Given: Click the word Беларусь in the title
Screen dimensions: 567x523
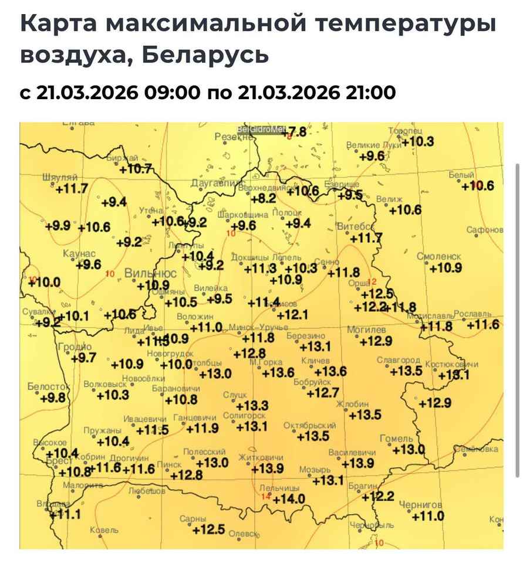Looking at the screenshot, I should click(205, 55).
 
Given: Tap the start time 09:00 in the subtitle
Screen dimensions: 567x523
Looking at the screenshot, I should click(171, 93).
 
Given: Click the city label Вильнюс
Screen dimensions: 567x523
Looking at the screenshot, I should click(150, 274).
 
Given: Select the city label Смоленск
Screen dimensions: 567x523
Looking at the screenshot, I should click(439, 257).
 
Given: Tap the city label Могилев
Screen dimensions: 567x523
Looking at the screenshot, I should click(366, 330).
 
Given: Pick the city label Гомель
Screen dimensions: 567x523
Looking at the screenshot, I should click(397, 439).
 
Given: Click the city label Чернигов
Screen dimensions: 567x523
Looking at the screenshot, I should click(420, 505).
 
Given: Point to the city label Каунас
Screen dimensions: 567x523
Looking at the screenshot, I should click(79, 253).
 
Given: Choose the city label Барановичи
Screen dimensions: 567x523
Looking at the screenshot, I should click(176, 389).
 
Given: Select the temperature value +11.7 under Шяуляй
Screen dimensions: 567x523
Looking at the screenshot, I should click(71, 189).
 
